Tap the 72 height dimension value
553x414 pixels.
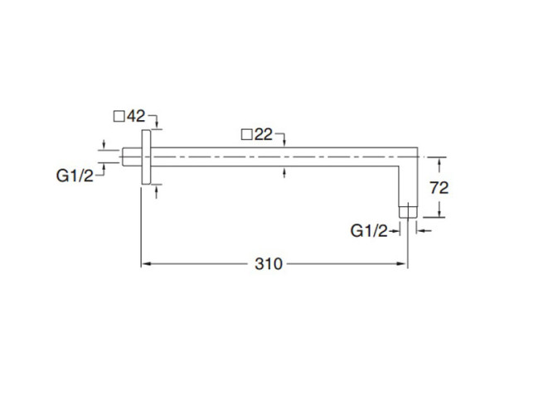click(439, 188)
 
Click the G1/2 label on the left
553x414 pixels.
click(75, 175)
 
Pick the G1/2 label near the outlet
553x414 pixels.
click(369, 231)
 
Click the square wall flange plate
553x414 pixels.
click(146, 157)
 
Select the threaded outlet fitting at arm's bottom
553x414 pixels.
click(406, 210)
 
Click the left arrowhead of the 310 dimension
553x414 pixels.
click(143, 265)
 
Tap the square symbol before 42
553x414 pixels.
click(119, 117)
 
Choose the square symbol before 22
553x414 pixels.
click(246, 135)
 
